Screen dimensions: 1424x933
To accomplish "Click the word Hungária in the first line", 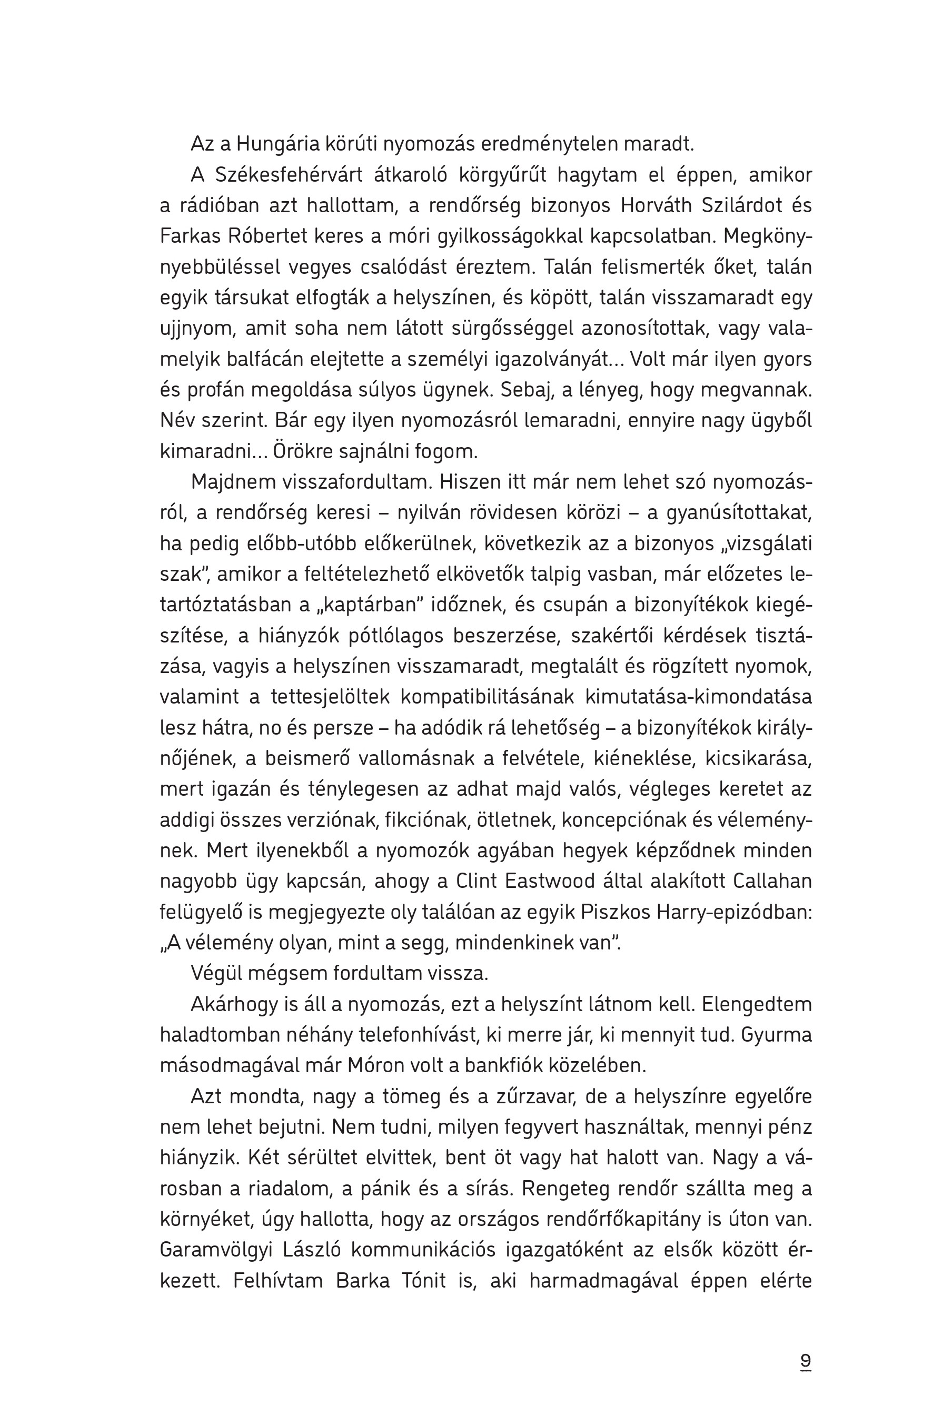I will coord(277,144).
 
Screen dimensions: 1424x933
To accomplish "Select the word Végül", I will coord(217,973).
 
